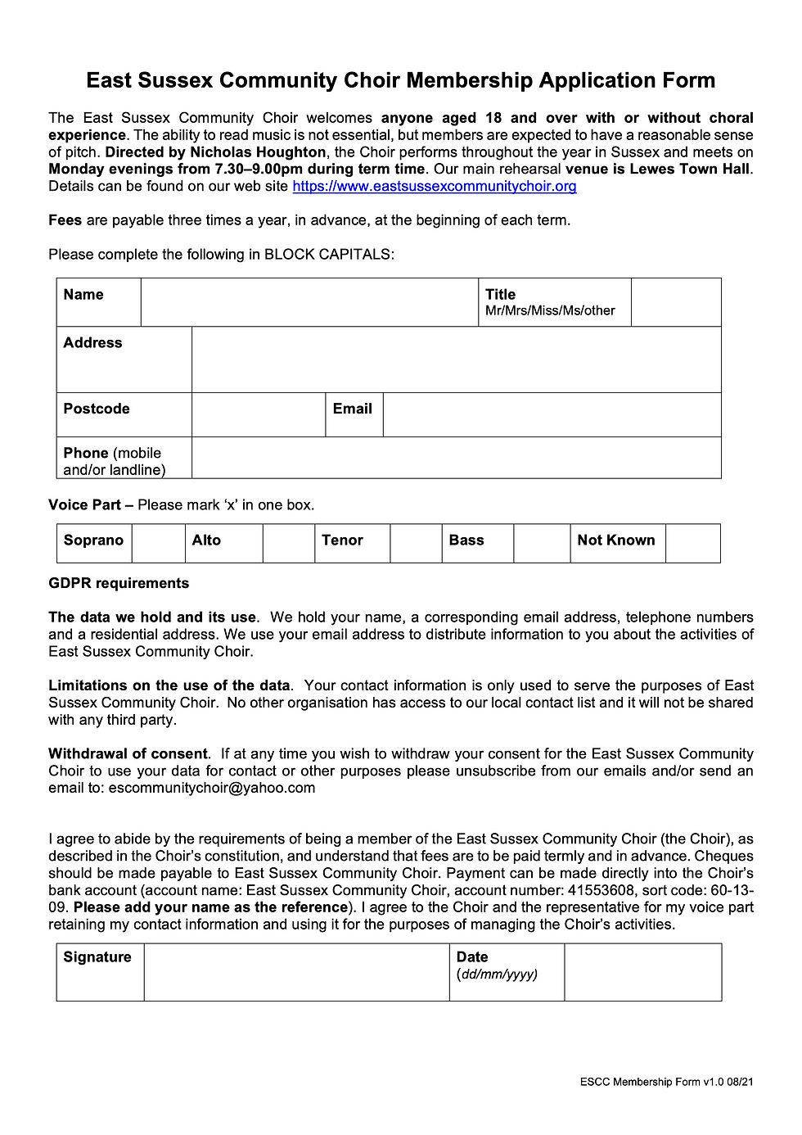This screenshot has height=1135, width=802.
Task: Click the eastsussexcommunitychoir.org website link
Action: click(x=434, y=187)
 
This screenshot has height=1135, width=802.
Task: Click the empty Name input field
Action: click(x=309, y=302)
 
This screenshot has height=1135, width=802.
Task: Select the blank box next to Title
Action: click(x=676, y=302)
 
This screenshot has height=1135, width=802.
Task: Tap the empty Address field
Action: click(x=456, y=359)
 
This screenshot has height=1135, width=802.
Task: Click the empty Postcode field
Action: click(x=259, y=414)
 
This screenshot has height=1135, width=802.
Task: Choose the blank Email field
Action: click(x=552, y=414)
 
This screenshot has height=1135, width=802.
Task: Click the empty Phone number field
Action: click(x=456, y=458)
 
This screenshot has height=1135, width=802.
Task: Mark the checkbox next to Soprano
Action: click(x=158, y=543)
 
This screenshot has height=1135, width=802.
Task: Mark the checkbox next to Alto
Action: click(x=288, y=543)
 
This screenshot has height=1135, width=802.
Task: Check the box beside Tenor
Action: click(x=416, y=543)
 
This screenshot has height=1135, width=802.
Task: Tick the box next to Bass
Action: click(x=542, y=543)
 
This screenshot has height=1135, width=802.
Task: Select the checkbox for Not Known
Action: click(x=692, y=543)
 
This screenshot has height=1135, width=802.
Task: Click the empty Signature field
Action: click(x=296, y=972)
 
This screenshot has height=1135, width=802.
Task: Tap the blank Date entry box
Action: click(x=642, y=972)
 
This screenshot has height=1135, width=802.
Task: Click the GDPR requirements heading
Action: click(x=119, y=583)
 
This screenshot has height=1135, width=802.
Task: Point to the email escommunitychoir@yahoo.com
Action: click(x=212, y=788)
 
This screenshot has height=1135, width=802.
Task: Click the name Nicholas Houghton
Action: click(x=258, y=152)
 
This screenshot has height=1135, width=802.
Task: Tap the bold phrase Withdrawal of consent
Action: click(x=128, y=753)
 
